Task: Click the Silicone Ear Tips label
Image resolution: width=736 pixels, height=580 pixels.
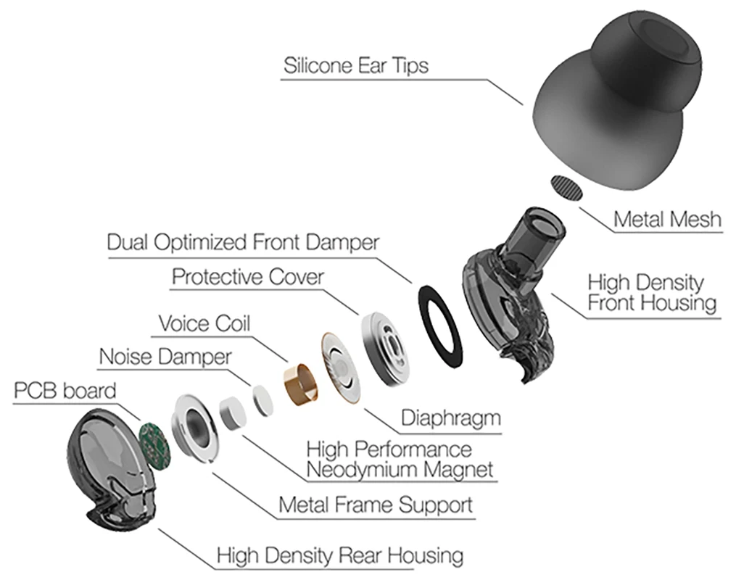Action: point(355,66)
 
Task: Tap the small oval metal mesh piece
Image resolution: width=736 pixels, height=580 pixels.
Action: point(568,188)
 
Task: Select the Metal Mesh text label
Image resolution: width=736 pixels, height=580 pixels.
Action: point(667,219)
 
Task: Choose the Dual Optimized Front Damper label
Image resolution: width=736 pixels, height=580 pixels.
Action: point(243,242)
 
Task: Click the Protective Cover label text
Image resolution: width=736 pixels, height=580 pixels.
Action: point(247,277)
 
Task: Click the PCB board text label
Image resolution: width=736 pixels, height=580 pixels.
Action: point(65,391)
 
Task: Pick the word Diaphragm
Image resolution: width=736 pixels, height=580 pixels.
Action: point(450,418)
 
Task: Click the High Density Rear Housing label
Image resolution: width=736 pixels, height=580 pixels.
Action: point(339,556)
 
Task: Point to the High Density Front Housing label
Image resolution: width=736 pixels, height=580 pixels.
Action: point(651,292)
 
